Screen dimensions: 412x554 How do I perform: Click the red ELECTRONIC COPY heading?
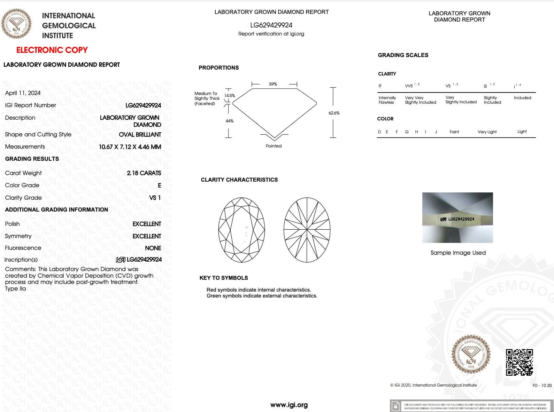[52, 50]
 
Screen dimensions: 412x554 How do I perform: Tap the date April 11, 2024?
[23, 93]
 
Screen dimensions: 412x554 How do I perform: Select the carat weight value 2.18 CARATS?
[144, 173]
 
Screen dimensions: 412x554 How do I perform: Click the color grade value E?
[159, 185]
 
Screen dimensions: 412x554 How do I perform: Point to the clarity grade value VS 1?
[155, 198]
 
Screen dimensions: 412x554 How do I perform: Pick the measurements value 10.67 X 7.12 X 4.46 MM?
[130, 147]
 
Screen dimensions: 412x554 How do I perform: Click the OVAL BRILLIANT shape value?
[140, 135]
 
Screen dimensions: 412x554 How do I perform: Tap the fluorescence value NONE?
[153, 248]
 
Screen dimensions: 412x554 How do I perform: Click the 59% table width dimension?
[273, 84]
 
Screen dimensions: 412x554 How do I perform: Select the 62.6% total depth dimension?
[334, 113]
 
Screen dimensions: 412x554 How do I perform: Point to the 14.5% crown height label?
[230, 96]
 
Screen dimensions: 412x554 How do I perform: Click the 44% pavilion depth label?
[229, 121]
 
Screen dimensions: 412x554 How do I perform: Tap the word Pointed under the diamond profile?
[274, 146]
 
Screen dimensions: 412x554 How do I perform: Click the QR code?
[519, 362]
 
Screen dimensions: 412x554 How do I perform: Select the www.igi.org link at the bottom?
[289, 405]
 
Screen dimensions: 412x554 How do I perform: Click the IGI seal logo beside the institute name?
[16, 24]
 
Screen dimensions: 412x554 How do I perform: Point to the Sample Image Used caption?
[458, 253]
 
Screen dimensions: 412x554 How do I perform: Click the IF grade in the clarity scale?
[380, 86]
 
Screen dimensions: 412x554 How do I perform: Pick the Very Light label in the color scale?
[487, 132]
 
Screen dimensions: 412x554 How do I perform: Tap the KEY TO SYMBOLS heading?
[224, 278]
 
